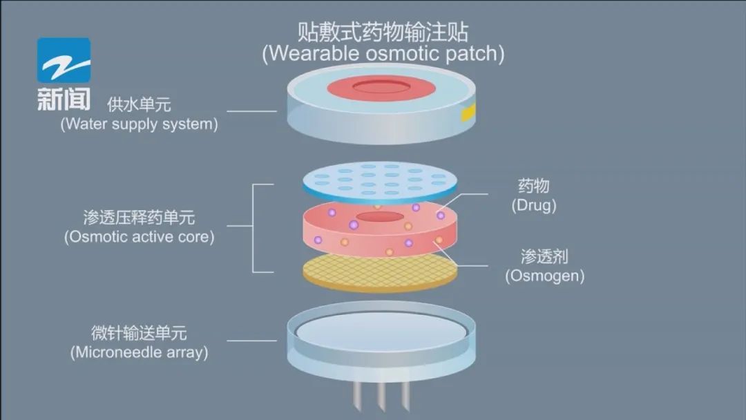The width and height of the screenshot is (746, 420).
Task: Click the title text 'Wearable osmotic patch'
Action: click(x=383, y=54)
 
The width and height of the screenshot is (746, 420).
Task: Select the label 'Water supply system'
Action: click(x=139, y=125)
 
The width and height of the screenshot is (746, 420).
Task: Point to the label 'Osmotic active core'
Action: click(x=139, y=237)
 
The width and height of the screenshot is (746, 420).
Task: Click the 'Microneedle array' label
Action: click(x=139, y=352)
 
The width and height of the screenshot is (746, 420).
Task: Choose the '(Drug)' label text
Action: click(x=534, y=205)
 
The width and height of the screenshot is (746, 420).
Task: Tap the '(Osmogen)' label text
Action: click(x=544, y=276)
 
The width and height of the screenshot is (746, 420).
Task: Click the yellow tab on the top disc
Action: click(x=468, y=111)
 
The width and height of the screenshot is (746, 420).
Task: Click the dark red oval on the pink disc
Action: click(x=380, y=218)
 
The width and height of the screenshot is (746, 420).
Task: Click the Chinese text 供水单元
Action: click(x=139, y=105)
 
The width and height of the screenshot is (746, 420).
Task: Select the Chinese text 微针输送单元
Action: click(x=139, y=332)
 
